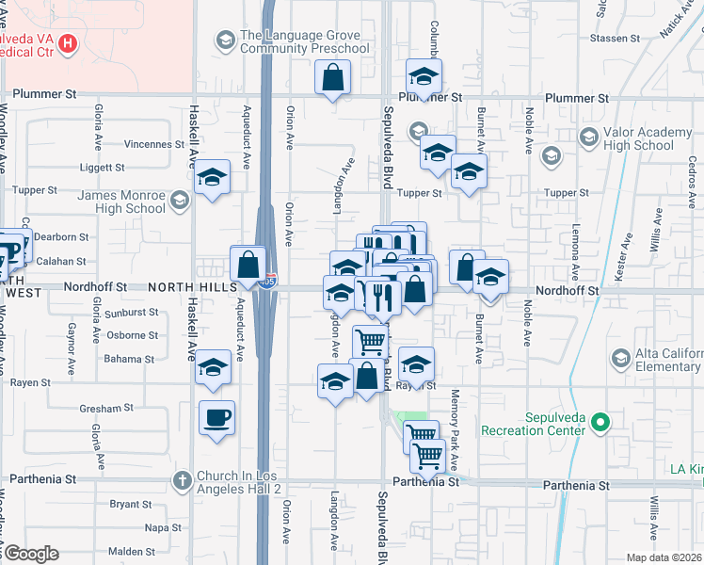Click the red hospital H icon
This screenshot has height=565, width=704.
68,42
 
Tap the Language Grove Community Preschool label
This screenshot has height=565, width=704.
304,41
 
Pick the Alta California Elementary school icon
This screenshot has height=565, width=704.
619,358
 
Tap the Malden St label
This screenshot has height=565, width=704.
131,552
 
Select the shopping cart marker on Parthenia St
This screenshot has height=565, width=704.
428,457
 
